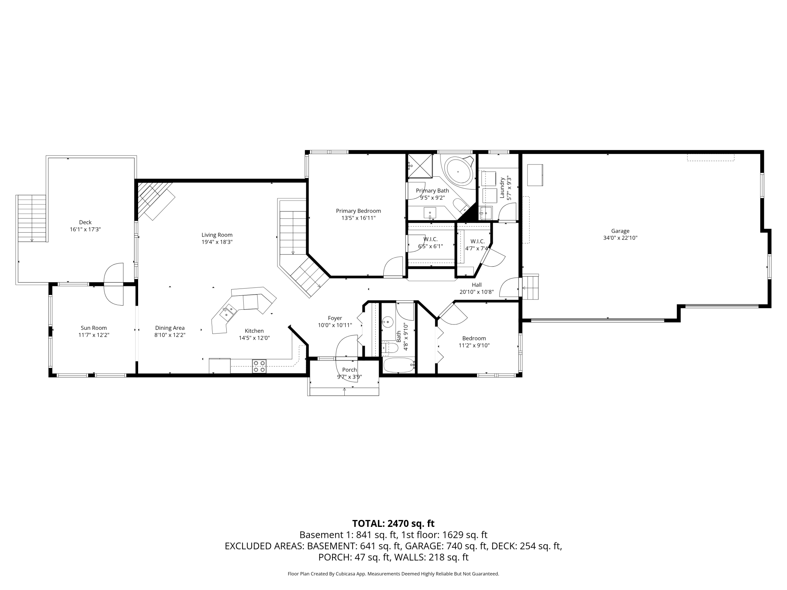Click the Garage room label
[x=620, y=231]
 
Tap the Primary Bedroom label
[x=358, y=211]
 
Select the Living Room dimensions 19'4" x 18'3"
[x=217, y=242]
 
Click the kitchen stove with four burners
[x=259, y=366]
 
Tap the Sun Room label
[x=94, y=328]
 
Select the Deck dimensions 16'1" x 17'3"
[x=85, y=229]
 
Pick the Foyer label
[x=335, y=318]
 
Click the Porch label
[x=350, y=370]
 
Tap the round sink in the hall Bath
[x=387, y=322]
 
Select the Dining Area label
[x=170, y=328]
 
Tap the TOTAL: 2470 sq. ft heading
[x=393, y=523]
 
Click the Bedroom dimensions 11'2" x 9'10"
[x=474, y=345]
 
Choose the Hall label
[x=477, y=285]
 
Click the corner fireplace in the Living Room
[x=155, y=200]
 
